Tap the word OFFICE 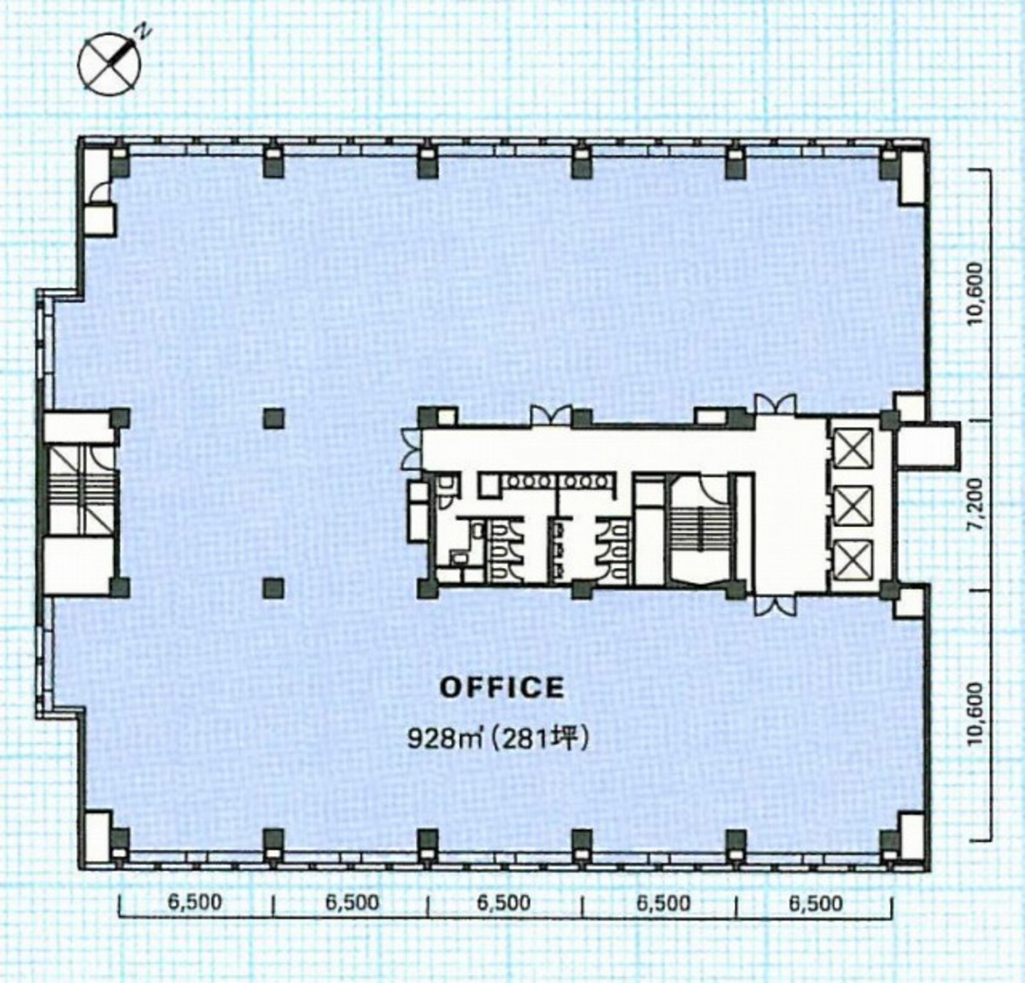point(501,688)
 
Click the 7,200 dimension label point(976,506)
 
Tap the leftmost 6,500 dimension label point(195,903)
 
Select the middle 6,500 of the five point(504,903)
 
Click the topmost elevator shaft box point(852,448)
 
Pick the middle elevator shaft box point(852,505)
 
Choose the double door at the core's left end point(411,449)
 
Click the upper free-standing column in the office point(273,418)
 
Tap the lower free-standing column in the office point(273,587)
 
